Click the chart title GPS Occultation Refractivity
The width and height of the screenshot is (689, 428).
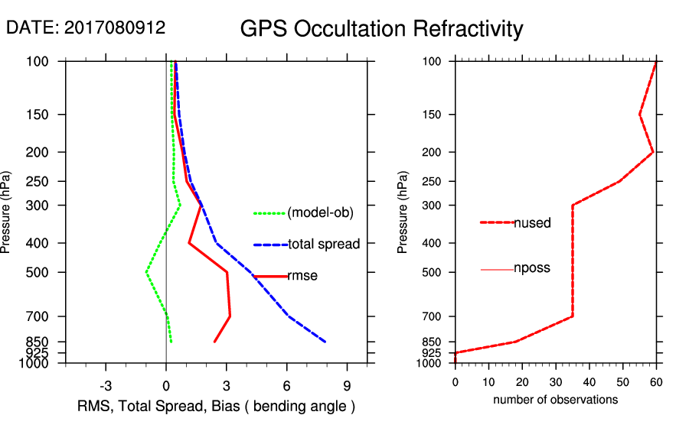(x=381, y=29)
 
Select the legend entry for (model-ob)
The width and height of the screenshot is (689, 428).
(x=320, y=213)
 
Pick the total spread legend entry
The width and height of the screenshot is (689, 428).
(x=324, y=245)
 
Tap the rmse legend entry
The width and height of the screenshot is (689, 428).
(x=302, y=276)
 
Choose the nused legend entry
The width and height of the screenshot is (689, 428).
(x=532, y=222)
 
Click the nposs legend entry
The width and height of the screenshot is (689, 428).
(x=532, y=268)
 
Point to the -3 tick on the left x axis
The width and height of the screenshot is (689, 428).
(x=106, y=385)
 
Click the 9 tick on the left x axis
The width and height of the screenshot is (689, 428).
(x=347, y=385)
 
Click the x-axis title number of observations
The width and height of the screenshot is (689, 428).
(x=555, y=400)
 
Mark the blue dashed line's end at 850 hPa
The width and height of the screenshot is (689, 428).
(x=325, y=342)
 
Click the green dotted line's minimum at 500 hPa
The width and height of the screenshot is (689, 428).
(x=146, y=271)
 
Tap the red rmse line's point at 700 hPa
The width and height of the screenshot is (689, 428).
(x=230, y=316)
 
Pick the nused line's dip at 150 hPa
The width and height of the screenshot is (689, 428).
(x=639, y=115)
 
